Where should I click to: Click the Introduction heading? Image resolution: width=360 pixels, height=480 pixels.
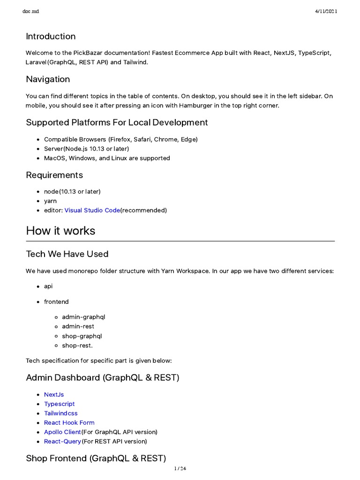pyautogui.click(x=51, y=37)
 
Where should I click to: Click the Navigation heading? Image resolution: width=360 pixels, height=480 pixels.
pyautogui.click(x=48, y=79)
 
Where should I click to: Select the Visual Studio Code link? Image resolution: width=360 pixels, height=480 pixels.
pyautogui.click(x=92, y=210)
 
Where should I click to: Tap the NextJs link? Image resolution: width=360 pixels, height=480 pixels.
pyautogui.click(x=54, y=395)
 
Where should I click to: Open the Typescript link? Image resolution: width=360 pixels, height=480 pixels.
pyautogui.click(x=59, y=404)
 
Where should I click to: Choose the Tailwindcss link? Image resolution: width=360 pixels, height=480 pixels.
pyautogui.click(x=60, y=413)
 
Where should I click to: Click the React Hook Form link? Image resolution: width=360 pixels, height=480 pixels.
pyautogui.click(x=69, y=423)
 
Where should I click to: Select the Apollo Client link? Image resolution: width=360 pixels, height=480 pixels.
pyautogui.click(x=62, y=432)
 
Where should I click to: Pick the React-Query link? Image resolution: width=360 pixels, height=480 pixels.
pyautogui.click(x=62, y=442)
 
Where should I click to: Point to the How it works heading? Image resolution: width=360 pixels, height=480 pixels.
pyautogui.click(x=60, y=231)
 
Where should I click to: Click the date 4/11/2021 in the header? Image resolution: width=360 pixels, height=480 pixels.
pyautogui.click(x=325, y=11)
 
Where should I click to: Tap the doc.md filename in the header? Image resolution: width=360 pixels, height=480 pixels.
pyautogui.click(x=31, y=11)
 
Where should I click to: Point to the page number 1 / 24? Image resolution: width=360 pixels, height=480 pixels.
pyautogui.click(x=180, y=469)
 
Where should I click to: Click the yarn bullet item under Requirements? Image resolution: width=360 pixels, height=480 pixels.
pyautogui.click(x=50, y=201)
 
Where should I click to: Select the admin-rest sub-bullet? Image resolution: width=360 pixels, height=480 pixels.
pyautogui.click(x=78, y=327)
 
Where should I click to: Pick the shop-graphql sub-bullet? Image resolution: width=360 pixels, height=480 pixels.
pyautogui.click(x=82, y=336)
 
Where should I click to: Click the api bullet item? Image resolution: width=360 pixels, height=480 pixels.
pyautogui.click(x=48, y=286)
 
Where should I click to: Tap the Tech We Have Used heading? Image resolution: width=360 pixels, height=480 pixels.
pyautogui.click(x=67, y=254)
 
